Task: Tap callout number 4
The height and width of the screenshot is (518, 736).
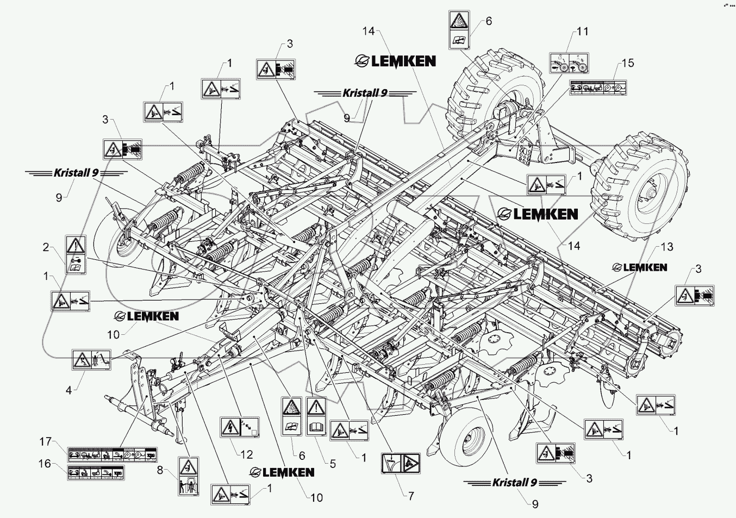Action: pos(69,389)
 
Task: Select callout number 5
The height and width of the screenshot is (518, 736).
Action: pos(332,464)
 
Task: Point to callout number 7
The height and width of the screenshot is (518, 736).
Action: pos(411,496)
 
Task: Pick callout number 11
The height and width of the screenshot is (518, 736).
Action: pos(582,32)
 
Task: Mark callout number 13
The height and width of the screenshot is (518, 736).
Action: pos(666,247)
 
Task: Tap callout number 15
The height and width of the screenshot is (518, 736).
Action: pos(628,63)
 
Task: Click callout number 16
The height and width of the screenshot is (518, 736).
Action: pos(45,464)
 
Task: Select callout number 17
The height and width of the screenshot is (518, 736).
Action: pos(45,442)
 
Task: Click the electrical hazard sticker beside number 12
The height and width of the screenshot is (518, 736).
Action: pos(240,427)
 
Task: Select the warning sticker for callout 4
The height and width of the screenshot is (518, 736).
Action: pos(91,360)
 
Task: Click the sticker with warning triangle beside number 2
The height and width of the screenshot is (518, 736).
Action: pos(75,254)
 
